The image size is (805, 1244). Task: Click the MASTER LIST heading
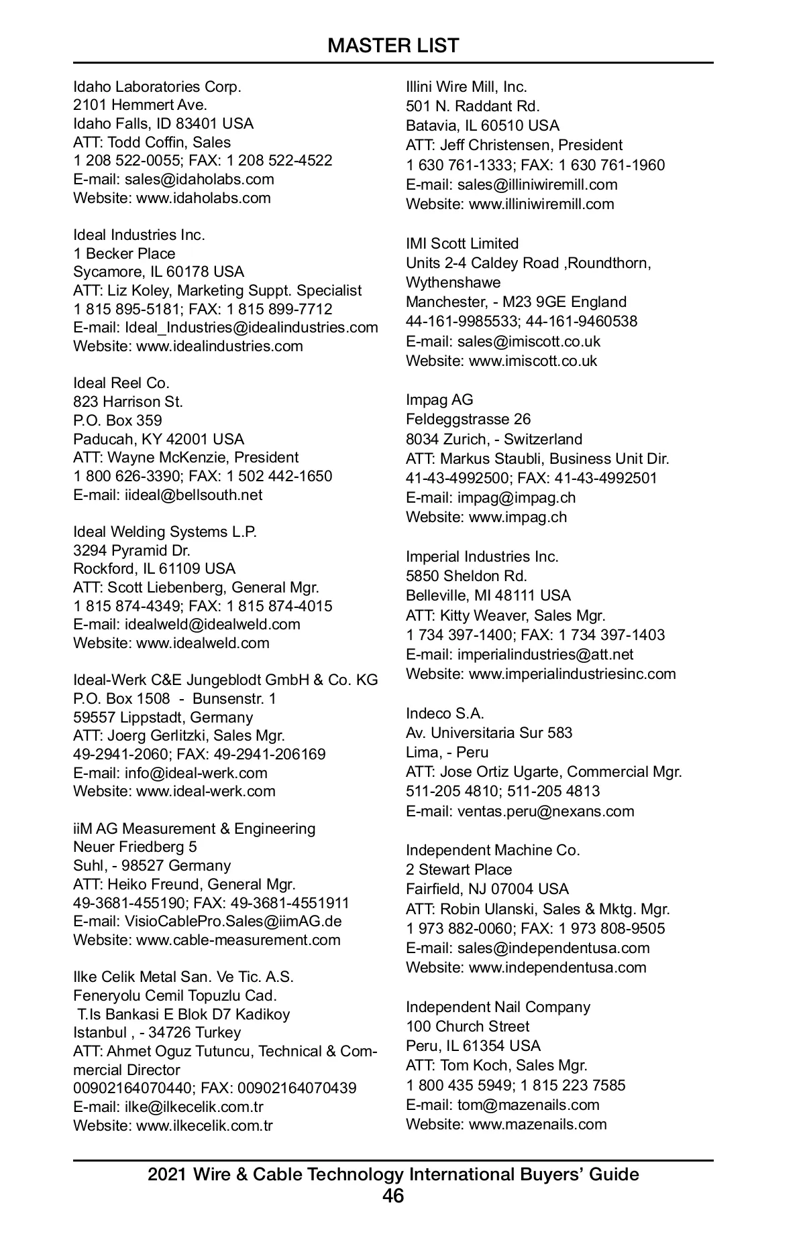tap(393, 46)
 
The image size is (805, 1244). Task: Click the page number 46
tap(393, 1196)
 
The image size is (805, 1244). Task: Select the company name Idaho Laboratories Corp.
tap(157, 86)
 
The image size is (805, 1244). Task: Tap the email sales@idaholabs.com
tap(199, 179)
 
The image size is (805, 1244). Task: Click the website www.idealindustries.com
tap(219, 346)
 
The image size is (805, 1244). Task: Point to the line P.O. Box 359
tap(117, 420)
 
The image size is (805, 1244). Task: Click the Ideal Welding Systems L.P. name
tap(165, 532)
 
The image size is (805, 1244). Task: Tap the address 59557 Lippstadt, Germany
tap(163, 717)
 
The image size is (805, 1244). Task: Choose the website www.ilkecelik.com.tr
tap(205, 1125)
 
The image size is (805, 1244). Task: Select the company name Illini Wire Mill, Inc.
tap(466, 86)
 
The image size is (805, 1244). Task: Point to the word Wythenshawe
tap(453, 282)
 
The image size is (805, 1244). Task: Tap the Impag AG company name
tap(439, 399)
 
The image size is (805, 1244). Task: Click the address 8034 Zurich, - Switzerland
tap(494, 439)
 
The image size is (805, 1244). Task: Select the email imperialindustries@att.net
tap(545, 654)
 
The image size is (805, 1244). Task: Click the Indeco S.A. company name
tap(445, 713)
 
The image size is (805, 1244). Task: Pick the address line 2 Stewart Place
tap(459, 869)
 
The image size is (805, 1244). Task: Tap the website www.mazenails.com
tap(537, 1124)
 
